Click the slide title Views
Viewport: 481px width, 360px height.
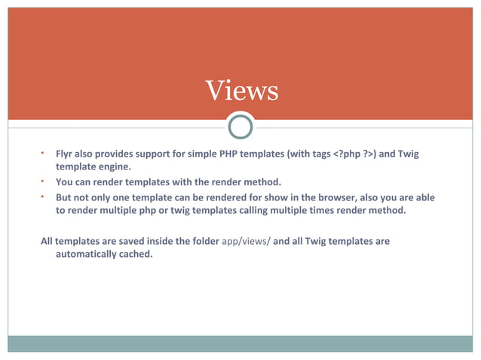tap(241, 90)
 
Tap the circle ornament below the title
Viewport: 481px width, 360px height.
tap(240, 126)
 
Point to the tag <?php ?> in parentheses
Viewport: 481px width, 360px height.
tap(354, 154)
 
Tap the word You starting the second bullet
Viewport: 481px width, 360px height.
tap(65, 182)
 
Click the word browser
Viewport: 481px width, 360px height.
tap(334, 197)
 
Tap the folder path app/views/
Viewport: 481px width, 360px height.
tap(247, 241)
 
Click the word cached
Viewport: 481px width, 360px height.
tap(135, 255)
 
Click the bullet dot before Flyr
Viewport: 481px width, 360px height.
tap(44, 153)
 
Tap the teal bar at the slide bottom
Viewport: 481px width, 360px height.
tap(240, 343)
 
